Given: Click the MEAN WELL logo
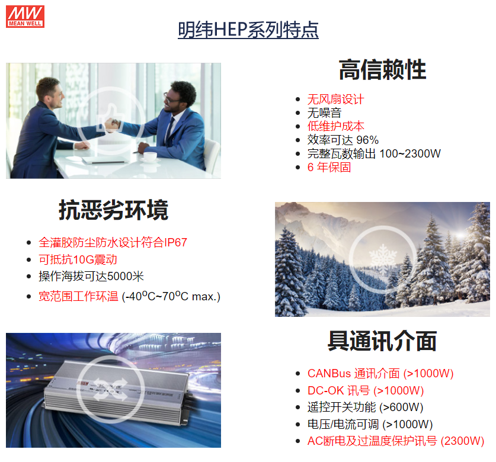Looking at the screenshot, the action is click(25, 17).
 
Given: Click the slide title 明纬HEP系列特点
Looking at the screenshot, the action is click(248, 30).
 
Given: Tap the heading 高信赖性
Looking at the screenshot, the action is click(382, 69).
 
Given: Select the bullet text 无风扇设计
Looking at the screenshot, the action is click(335, 100).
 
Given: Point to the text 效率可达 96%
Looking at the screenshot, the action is click(343, 140).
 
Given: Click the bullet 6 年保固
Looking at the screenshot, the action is click(329, 167).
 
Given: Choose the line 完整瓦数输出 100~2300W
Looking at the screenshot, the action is click(374, 153).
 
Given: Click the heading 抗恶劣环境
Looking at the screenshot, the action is click(113, 210).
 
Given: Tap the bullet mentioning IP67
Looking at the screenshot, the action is click(113, 242).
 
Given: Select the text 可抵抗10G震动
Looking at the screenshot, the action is click(78, 259).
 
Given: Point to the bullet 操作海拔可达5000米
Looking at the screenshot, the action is click(91, 277).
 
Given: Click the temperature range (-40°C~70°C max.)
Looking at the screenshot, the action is click(171, 297).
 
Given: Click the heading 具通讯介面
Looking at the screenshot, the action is click(382, 341).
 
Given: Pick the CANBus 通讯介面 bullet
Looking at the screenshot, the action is click(380, 374).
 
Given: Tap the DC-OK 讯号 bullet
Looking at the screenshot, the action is click(366, 390).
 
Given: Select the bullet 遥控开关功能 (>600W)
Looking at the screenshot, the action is click(365, 408).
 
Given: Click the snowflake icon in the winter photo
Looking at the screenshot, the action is click(383, 259).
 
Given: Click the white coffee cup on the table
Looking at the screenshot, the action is click(150, 156).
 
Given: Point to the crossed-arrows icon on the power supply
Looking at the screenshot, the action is click(110, 389).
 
